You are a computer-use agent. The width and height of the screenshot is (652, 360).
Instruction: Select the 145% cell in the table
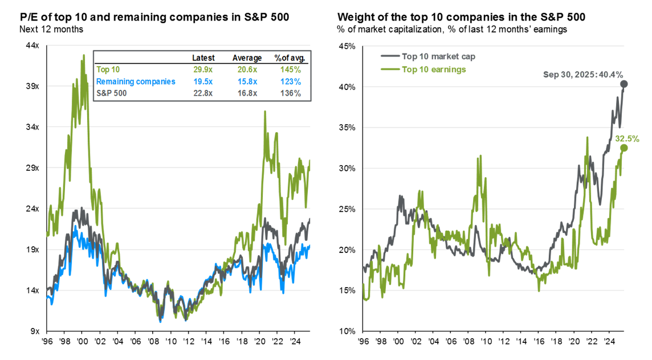pyautogui.click(x=288, y=69)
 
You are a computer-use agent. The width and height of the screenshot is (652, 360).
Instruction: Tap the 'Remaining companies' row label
pyautogui.click(x=135, y=81)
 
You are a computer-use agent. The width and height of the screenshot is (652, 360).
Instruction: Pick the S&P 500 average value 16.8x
pyautogui.click(x=247, y=93)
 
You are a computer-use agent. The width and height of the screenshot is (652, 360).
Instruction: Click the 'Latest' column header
pyautogui.click(x=203, y=58)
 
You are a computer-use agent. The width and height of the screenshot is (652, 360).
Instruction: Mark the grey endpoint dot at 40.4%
pyautogui.click(x=624, y=84)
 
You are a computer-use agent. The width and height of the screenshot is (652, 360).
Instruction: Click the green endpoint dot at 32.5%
pyautogui.click(x=624, y=148)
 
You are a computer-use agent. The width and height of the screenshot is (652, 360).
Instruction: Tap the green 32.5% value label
pyautogui.click(x=627, y=138)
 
